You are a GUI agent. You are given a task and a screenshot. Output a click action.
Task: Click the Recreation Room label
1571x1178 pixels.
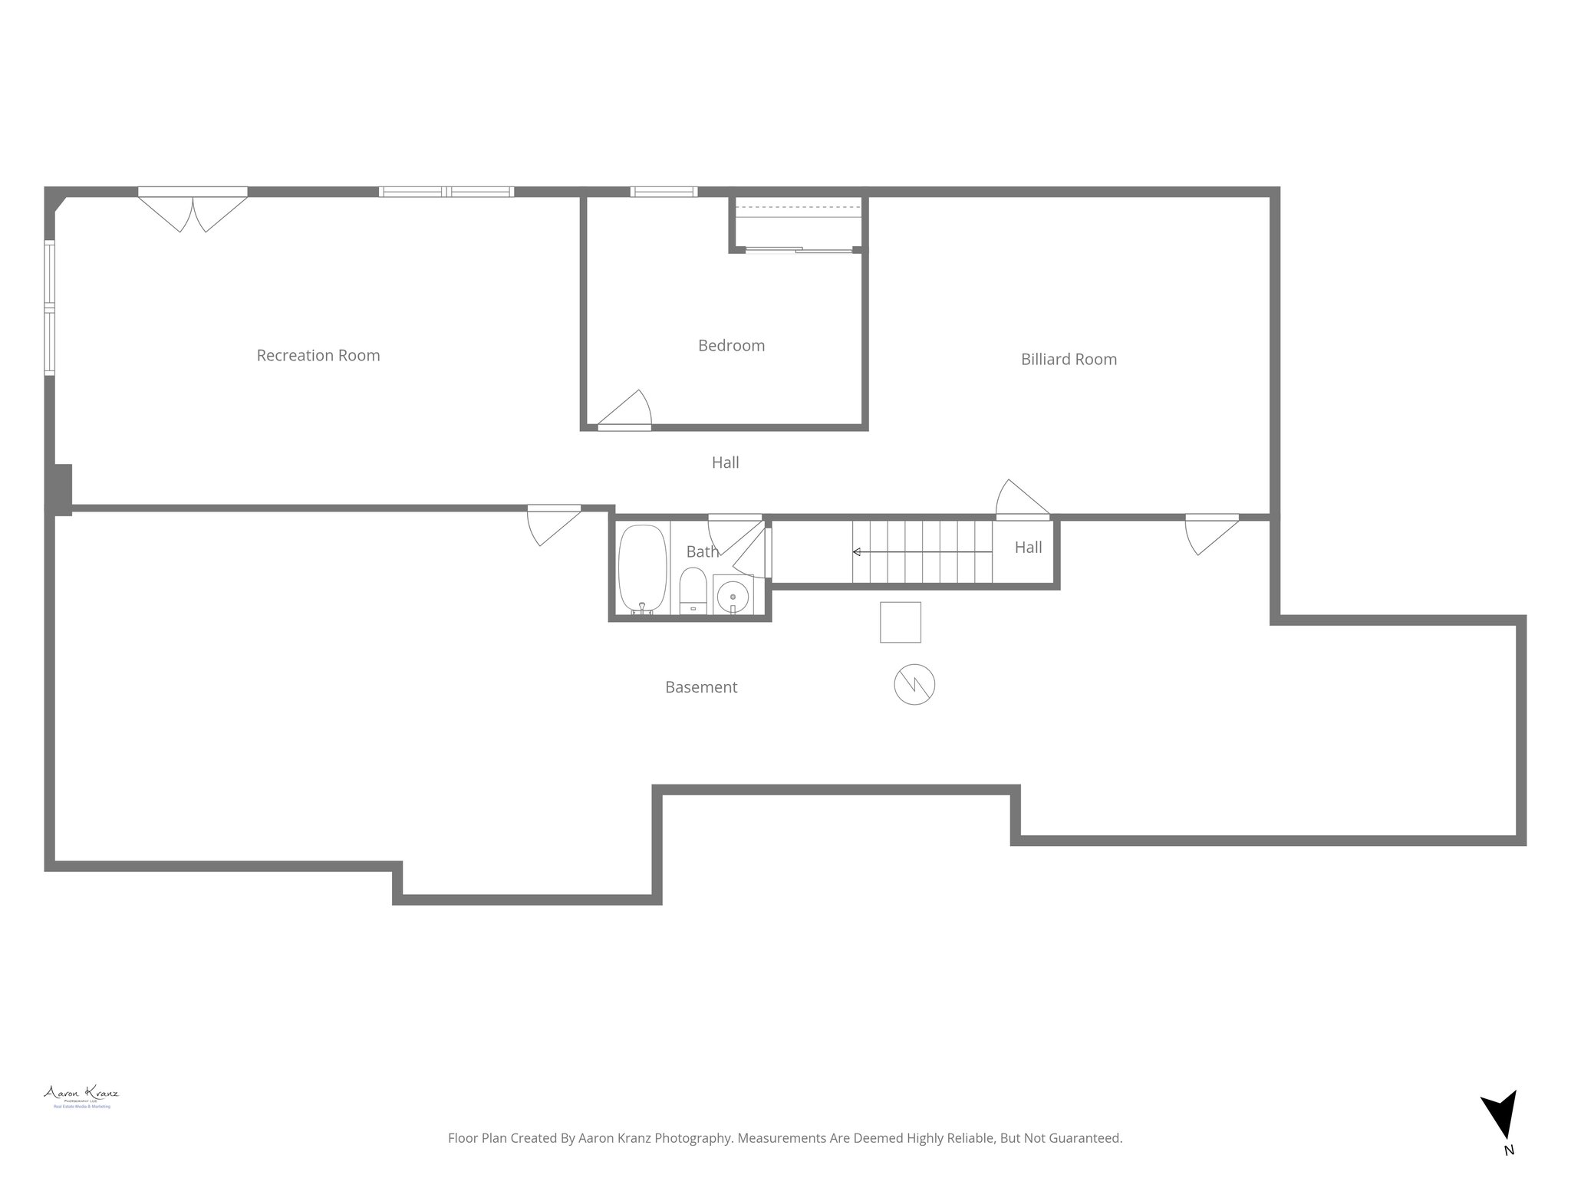pyautogui.click(x=318, y=355)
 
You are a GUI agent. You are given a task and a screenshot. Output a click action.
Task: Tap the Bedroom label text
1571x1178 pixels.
pyautogui.click(x=731, y=345)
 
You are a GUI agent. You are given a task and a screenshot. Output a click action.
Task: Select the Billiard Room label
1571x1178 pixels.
pyautogui.click(x=1068, y=359)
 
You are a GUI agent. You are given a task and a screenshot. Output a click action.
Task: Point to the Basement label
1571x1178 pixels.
pyautogui.click(x=700, y=687)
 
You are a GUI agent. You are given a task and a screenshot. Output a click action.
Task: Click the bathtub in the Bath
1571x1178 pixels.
pyautogui.click(x=642, y=568)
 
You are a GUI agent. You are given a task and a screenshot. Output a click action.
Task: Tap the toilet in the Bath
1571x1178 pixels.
pyautogui.click(x=693, y=591)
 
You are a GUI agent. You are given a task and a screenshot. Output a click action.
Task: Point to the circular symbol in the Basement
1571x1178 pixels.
pyautogui.click(x=914, y=684)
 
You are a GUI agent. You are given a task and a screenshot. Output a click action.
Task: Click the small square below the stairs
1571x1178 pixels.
pyautogui.click(x=900, y=622)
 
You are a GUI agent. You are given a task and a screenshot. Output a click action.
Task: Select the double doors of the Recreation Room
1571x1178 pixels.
pyautogui.click(x=193, y=208)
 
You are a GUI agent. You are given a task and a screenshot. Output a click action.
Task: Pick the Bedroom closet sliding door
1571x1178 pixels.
pyautogui.click(x=798, y=249)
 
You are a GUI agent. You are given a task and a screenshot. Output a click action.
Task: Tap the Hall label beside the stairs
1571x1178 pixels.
pyautogui.click(x=1028, y=547)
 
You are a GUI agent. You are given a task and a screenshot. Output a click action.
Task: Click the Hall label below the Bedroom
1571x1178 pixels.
pyautogui.click(x=725, y=462)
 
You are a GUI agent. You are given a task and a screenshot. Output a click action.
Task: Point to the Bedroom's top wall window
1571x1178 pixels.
pyautogui.click(x=664, y=192)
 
